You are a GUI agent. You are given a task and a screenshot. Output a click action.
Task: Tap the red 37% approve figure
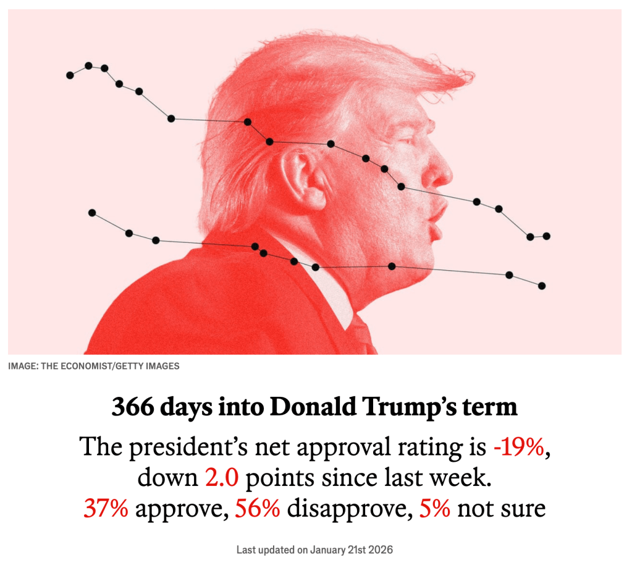pos(106,508)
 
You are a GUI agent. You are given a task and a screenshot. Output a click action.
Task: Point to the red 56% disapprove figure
pos(258,508)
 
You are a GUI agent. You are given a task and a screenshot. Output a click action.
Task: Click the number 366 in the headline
pos(132,409)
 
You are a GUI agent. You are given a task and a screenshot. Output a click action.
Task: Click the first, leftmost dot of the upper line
pos(70,75)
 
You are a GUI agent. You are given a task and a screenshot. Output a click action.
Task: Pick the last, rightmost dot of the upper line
pos(546,236)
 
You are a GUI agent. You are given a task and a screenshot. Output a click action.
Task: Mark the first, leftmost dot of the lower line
pos(92,213)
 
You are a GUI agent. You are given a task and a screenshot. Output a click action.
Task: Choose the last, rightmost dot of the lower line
pos(542,286)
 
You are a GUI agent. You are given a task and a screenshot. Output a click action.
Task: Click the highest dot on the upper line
pos(88,66)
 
